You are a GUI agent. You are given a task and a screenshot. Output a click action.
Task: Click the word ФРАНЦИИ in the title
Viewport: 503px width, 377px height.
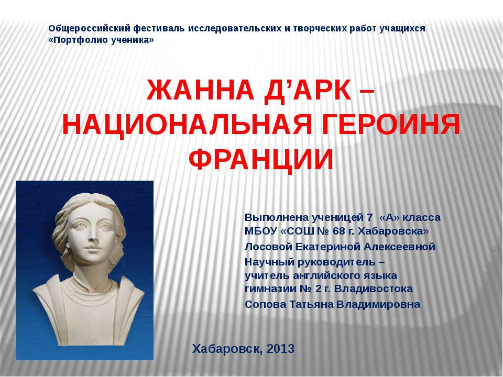260,158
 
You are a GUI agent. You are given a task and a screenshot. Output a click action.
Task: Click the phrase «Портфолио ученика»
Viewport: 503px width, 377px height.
101,40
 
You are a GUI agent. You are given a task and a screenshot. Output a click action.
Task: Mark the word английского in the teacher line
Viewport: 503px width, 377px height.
316,275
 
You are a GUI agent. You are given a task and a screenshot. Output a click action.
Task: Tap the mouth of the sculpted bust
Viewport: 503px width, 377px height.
95,250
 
